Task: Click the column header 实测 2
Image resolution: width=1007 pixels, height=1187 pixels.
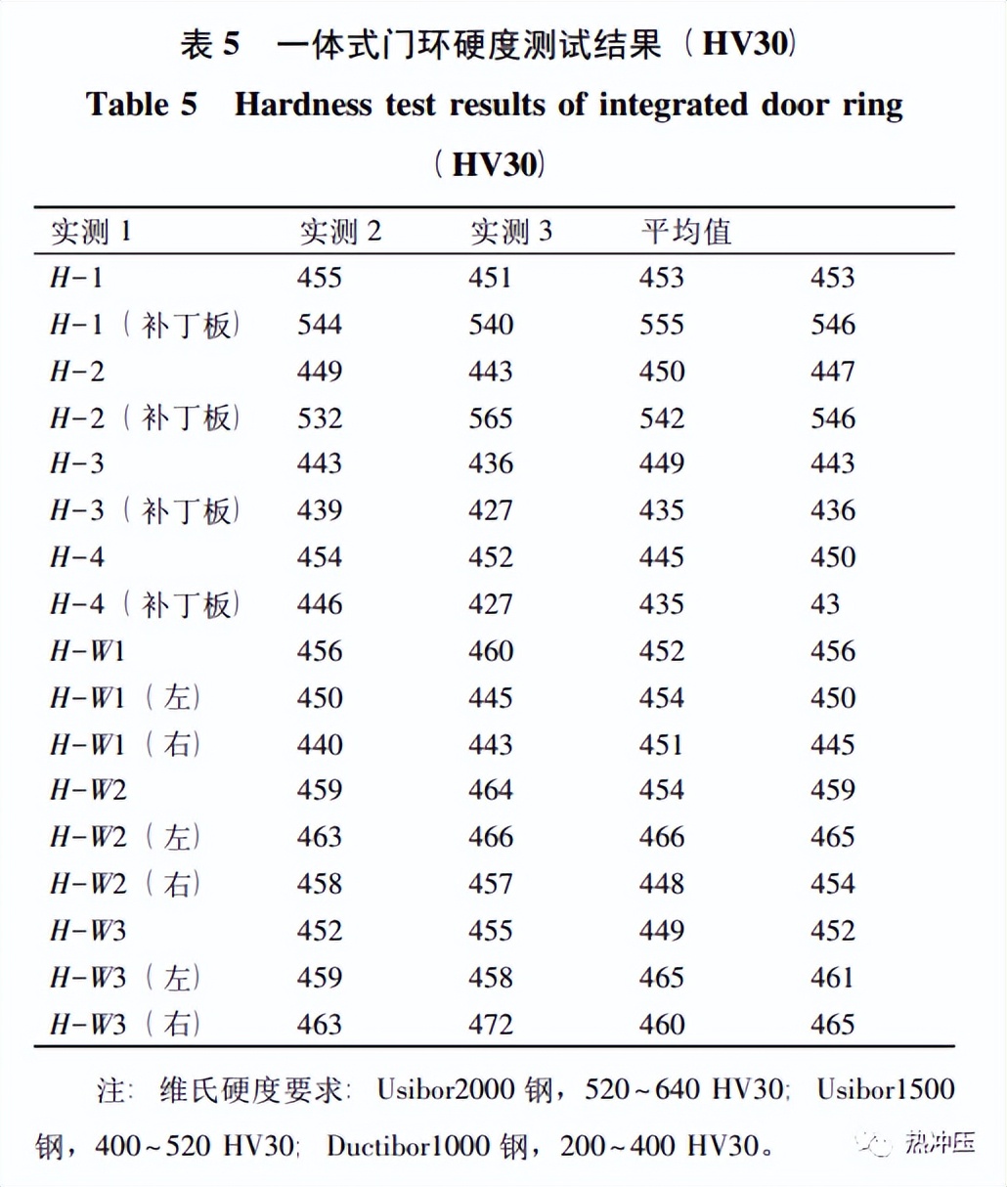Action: click(339, 232)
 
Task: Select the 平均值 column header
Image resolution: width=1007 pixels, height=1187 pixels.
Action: click(685, 232)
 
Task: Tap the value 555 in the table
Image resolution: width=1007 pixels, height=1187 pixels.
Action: click(662, 325)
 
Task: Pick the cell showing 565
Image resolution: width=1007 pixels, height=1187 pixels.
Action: click(491, 418)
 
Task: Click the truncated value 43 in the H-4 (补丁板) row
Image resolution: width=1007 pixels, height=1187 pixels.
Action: click(824, 604)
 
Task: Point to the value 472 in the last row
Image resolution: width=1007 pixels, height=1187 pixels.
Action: click(491, 1024)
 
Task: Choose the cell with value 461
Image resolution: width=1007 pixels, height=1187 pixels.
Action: click(832, 977)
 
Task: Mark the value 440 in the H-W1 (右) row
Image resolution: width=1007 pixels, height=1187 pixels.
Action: click(320, 744)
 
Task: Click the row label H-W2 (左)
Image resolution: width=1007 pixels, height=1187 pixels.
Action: click(126, 837)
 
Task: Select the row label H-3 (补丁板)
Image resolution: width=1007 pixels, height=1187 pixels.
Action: click(145, 510)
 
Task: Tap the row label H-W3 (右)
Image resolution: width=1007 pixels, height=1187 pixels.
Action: click(126, 1024)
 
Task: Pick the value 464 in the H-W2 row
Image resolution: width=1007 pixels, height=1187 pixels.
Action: click(491, 790)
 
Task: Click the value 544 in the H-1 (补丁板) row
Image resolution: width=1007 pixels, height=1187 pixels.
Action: click(320, 325)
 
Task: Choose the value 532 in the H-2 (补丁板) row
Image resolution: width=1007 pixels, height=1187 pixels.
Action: click(320, 418)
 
